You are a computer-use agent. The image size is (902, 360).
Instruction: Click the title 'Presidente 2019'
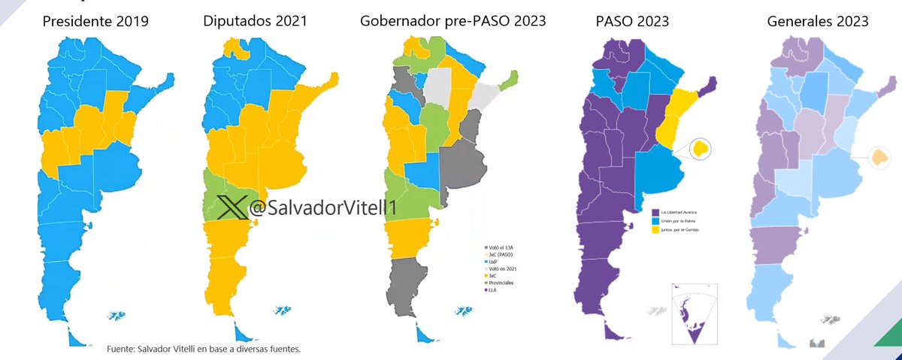(95, 22)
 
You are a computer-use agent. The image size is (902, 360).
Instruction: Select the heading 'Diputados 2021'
(255, 22)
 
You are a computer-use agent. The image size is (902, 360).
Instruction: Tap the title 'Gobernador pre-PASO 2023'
(452, 22)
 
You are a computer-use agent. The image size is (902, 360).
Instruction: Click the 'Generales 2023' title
(818, 22)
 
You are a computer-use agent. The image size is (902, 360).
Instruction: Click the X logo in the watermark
(232, 207)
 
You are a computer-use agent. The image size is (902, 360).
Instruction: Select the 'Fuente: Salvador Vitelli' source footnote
(204, 349)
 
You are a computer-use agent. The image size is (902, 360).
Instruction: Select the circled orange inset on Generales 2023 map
(879, 157)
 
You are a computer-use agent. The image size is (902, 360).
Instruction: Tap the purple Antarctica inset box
(689, 314)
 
